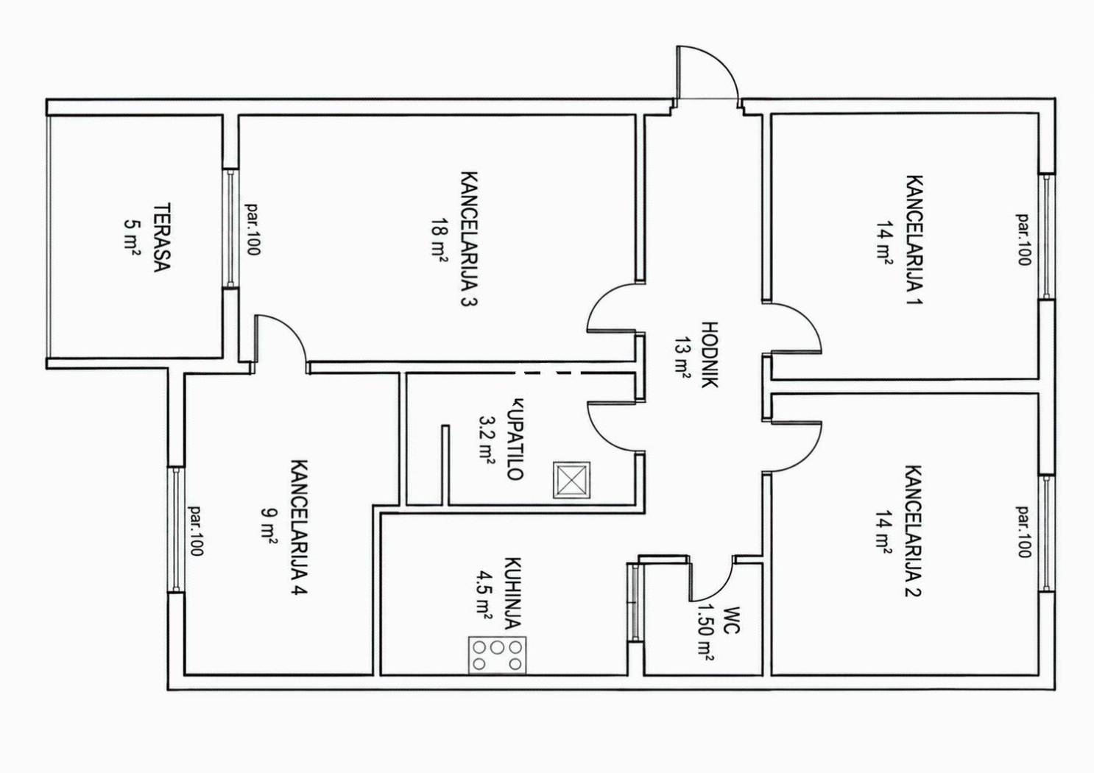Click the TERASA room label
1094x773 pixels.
pyautogui.click(x=162, y=238)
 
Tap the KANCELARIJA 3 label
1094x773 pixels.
pyautogui.click(x=470, y=239)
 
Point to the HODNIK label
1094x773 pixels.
pyautogui.click(x=710, y=355)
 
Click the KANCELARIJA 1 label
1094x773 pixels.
pyautogui.click(x=914, y=240)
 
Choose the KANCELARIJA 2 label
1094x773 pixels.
pyautogui.click(x=914, y=532)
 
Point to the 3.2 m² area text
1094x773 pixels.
pyautogui.click(x=487, y=440)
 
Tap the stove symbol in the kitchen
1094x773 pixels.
pyautogui.click(x=497, y=655)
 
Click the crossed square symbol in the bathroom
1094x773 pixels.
pyautogui.click(x=571, y=480)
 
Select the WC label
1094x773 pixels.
pyautogui.click(x=732, y=620)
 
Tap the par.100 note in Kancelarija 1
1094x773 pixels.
pyautogui.click(x=1023, y=239)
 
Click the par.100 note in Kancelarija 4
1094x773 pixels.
pyautogui.click(x=196, y=530)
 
